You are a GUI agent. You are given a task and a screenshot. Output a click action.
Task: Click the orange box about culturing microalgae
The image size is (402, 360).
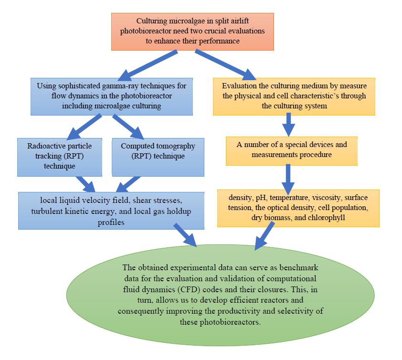pyautogui.click(x=193, y=32)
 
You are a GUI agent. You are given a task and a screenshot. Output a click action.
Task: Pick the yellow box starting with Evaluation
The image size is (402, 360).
pyautogui.click(x=294, y=96)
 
